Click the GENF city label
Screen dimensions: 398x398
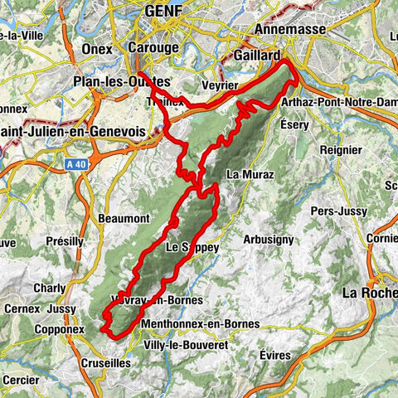pos(163,12)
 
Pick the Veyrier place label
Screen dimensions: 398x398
pos(220,85)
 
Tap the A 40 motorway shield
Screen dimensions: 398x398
pos(75,166)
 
